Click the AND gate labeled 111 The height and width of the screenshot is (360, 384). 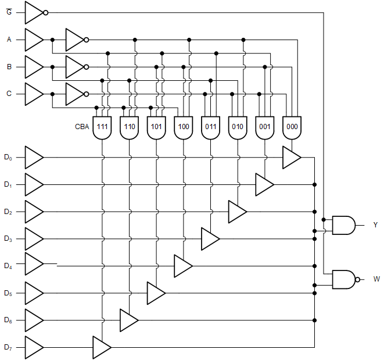pyautogui.click(x=102, y=128)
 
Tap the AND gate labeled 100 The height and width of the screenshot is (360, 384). pyautogui.click(x=184, y=128)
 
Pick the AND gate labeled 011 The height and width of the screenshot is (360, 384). pyautogui.click(x=210, y=128)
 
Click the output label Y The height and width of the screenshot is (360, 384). pyautogui.click(x=375, y=224)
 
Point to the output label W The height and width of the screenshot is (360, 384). pyautogui.click(x=376, y=279)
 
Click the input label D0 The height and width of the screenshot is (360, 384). pyautogui.click(x=8, y=157)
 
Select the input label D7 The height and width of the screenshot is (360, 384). pyautogui.click(x=8, y=347)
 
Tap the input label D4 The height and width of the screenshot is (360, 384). pyautogui.click(x=8, y=266)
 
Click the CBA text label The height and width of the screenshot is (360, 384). pyautogui.click(x=82, y=126)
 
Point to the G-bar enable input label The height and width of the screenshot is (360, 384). pyautogui.click(x=9, y=12)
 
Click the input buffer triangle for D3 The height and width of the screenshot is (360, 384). pyautogui.click(x=33, y=238)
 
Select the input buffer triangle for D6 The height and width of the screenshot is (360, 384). pyautogui.click(x=33, y=320)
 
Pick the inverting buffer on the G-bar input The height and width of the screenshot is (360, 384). pyautogui.click(x=35, y=12)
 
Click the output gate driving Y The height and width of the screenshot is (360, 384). pyautogui.click(x=343, y=224)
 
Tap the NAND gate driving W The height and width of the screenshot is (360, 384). pyautogui.click(x=344, y=279)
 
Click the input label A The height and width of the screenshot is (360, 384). pyautogui.click(x=9, y=40)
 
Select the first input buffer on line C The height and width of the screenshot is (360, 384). pyautogui.click(x=33, y=94)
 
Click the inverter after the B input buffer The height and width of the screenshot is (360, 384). pyautogui.click(x=76, y=67)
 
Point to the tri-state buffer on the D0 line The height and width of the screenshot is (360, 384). pyautogui.click(x=291, y=157)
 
